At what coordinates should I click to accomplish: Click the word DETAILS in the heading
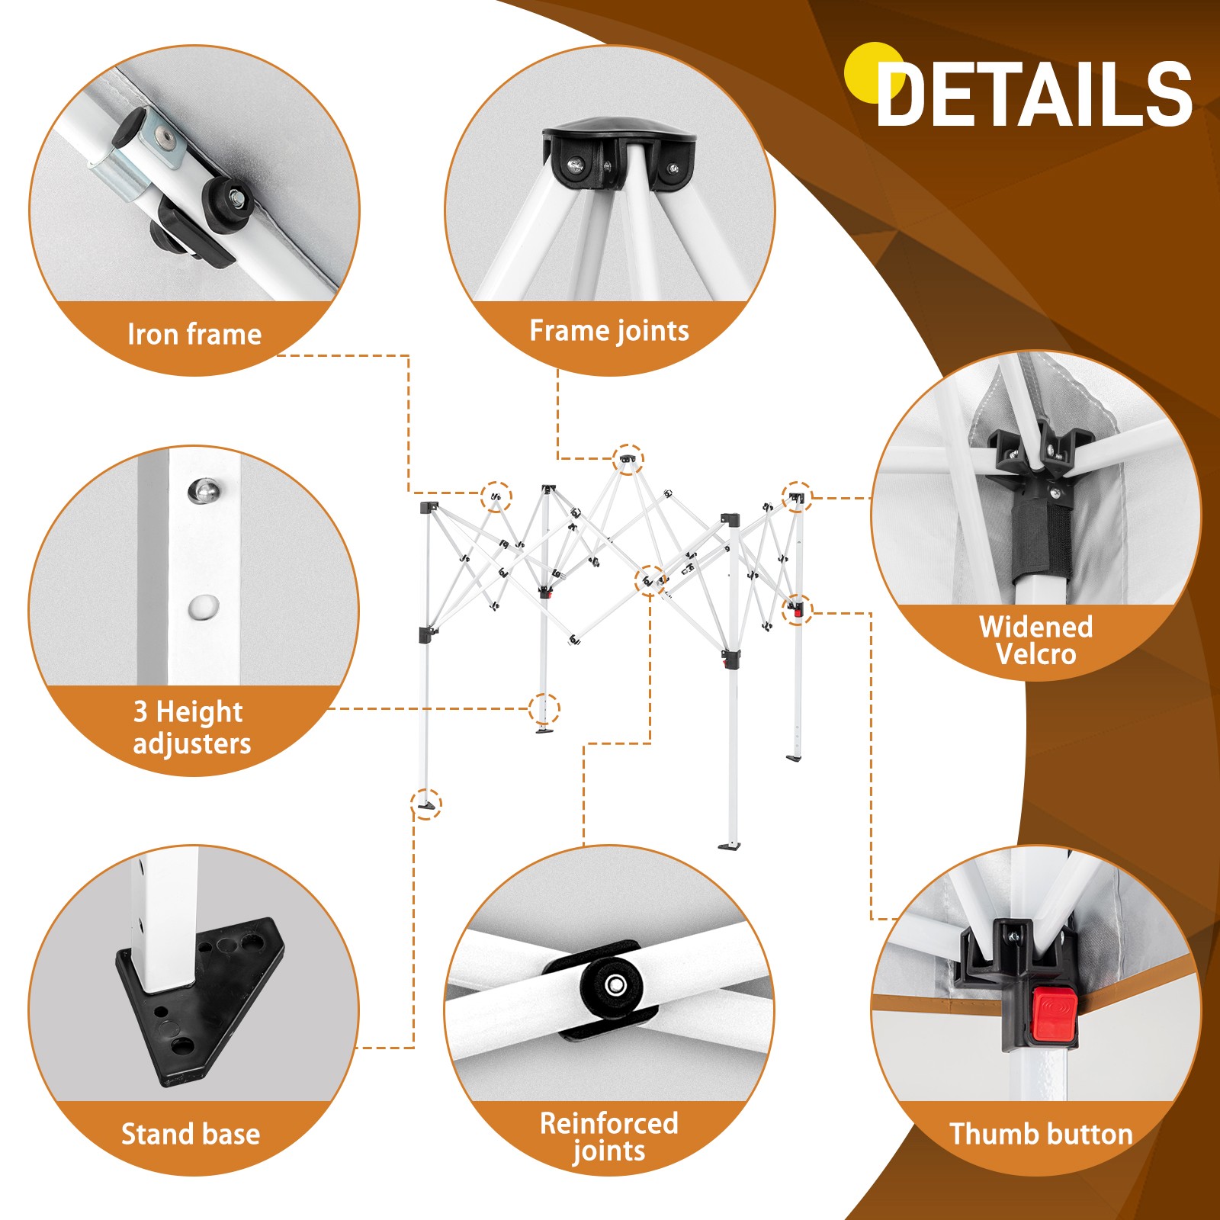(x=1035, y=94)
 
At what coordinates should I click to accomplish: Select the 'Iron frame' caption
(x=194, y=335)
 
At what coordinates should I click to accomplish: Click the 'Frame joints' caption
(x=609, y=331)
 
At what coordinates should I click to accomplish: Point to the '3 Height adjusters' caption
(x=191, y=727)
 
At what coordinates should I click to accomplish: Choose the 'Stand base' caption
(x=191, y=1134)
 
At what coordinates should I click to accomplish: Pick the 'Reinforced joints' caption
(x=609, y=1137)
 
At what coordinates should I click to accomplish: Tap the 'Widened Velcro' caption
(x=1036, y=640)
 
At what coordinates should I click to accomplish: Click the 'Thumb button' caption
(x=1041, y=1134)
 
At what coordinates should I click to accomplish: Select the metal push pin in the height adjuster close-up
(x=204, y=490)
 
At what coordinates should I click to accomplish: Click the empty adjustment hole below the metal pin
(x=204, y=607)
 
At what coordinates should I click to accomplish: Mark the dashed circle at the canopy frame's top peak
(x=628, y=459)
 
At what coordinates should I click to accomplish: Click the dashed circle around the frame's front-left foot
(x=426, y=804)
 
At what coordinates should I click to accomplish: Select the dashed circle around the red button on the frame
(x=798, y=609)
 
